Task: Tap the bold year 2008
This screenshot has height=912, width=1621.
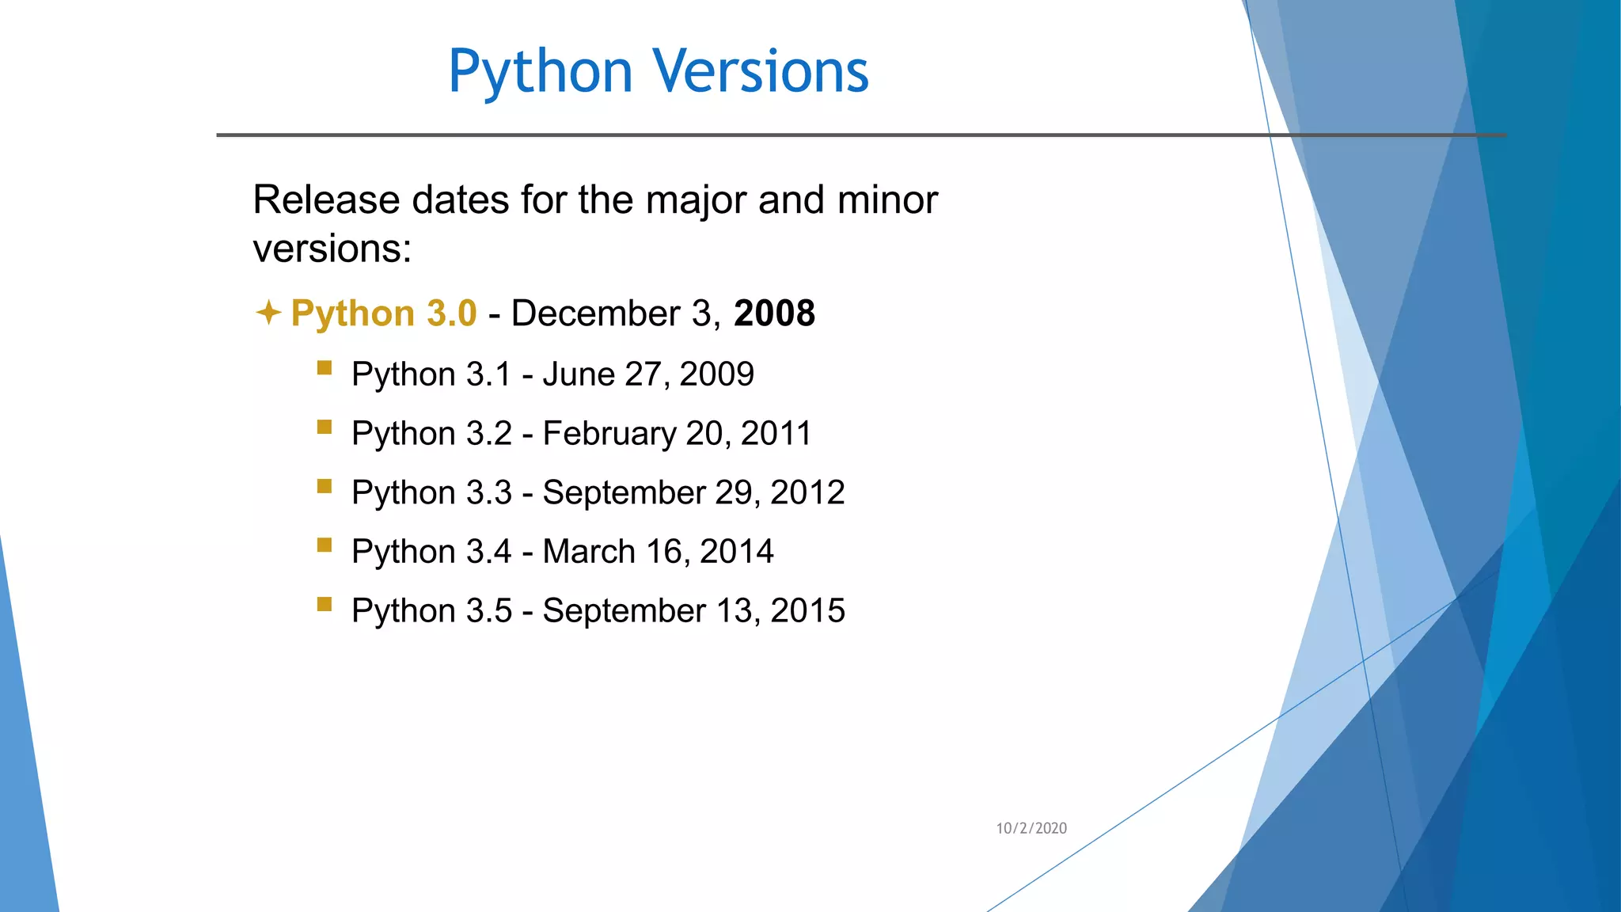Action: coord(774,313)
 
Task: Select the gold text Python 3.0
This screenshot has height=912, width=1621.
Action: coord(384,313)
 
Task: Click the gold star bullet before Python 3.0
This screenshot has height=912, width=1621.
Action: coord(268,313)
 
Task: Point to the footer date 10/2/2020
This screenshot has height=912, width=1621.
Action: coord(1031,828)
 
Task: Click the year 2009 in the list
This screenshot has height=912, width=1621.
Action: coord(716,374)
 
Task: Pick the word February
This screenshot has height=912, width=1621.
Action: coord(609,434)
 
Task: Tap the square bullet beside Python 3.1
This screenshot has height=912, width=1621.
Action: coord(325,368)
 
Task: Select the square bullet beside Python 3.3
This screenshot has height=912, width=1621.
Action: coord(325,486)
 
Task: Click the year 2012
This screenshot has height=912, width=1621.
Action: coord(807,492)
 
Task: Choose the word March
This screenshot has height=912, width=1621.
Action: coord(589,552)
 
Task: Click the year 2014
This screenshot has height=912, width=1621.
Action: coord(736,552)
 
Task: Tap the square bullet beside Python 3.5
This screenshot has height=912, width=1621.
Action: coord(325,605)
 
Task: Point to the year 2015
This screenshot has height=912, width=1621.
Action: coord(807,611)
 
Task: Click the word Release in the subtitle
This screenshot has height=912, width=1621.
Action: coord(325,199)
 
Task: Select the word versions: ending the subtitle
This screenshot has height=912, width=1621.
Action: coord(332,249)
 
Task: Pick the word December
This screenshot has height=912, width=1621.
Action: coord(595,313)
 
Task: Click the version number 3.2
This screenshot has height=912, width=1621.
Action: coord(489,434)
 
